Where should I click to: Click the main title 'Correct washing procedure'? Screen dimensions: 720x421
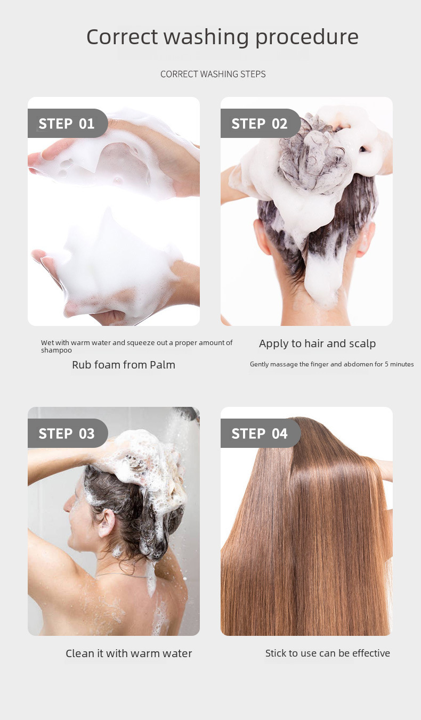coord(222,37)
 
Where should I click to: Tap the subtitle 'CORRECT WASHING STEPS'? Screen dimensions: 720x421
coord(213,74)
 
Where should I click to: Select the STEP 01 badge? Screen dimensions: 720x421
coord(67,124)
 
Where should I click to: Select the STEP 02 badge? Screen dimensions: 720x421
coord(260,124)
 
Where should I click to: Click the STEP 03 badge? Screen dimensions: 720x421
coord(67,433)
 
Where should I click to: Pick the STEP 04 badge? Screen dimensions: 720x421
coord(260,433)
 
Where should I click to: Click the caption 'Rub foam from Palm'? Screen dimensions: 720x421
coord(123,365)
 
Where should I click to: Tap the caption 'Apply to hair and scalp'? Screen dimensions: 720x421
coord(317,343)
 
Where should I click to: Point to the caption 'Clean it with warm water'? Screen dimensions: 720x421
coord(128,653)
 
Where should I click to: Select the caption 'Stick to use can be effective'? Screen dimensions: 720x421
coord(327,653)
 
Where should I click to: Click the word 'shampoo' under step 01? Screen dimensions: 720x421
coord(56,350)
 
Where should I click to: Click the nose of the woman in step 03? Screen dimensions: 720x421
coord(67,503)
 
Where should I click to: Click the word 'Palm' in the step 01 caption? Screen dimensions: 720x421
coord(162,365)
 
